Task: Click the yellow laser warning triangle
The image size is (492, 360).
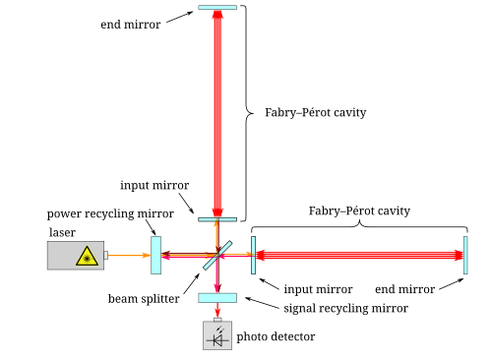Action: pos(87,256)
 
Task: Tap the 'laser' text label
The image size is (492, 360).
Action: pos(62,232)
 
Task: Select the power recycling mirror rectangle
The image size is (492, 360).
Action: pos(155,255)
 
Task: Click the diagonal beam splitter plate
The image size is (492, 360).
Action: pos(217,256)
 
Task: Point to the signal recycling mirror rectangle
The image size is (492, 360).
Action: pos(217,298)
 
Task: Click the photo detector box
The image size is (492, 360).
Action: pos(217,335)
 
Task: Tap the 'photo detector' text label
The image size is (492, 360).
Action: pos(276,336)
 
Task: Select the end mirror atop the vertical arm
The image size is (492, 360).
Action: pos(217,7)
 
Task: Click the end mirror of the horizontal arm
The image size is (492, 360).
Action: pos(465,255)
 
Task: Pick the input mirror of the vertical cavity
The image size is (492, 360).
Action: pos(217,219)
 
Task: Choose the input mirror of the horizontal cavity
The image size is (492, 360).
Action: pos(253,255)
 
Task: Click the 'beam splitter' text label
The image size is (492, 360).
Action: pos(144,299)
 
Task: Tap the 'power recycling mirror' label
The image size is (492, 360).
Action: pos(110,213)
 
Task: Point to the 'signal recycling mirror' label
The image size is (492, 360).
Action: pos(345,309)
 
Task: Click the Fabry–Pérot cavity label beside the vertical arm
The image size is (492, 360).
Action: pos(316,112)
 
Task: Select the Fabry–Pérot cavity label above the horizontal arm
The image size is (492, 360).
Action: pos(359,210)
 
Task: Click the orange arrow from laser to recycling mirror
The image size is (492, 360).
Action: pos(130,255)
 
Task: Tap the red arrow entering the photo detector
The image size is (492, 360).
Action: pos(217,310)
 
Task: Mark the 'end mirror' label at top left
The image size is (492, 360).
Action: pos(131,25)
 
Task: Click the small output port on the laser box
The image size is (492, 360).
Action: pos(106,255)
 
